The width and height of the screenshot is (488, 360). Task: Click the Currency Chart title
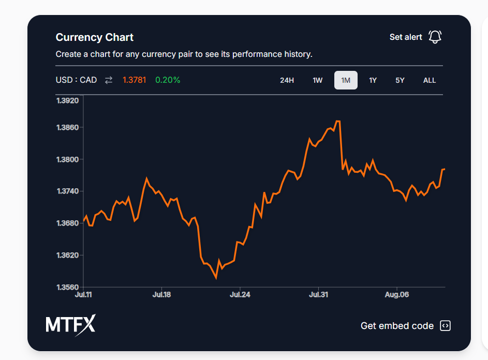click(94, 37)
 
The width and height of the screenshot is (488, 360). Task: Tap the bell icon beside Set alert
click(435, 37)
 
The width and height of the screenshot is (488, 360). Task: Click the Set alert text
click(406, 37)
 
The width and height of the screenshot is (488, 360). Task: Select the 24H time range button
click(287, 80)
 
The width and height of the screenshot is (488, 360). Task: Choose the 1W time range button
click(317, 80)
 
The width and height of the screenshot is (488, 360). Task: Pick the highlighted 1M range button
click(346, 80)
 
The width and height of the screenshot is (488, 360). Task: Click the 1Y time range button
click(373, 80)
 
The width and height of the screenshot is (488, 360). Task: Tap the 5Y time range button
click(400, 80)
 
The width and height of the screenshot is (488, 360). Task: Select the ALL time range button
click(430, 80)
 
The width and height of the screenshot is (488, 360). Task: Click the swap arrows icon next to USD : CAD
click(109, 80)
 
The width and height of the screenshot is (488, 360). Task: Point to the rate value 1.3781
click(134, 80)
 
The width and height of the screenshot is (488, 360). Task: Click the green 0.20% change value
click(168, 80)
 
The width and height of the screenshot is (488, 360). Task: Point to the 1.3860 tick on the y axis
click(67, 127)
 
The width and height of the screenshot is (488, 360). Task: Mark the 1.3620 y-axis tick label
click(67, 255)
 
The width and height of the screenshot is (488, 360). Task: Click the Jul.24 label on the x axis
click(240, 295)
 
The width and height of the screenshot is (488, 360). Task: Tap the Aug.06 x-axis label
click(397, 295)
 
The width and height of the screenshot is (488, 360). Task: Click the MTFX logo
click(70, 325)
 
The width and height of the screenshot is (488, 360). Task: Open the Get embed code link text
click(397, 326)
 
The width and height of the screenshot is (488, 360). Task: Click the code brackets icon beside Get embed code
click(445, 326)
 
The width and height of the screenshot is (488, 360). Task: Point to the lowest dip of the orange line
click(216, 278)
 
